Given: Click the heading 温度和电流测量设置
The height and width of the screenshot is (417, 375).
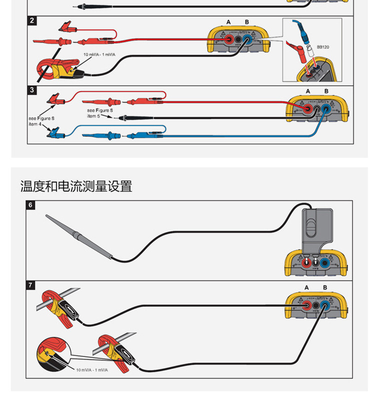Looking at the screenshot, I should point(76,186).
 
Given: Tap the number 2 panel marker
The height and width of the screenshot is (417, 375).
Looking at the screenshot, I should point(32,20).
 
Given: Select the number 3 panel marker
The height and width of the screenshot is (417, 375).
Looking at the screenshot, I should point(32,90).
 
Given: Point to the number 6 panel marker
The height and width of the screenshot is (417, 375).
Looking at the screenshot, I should point(30,205).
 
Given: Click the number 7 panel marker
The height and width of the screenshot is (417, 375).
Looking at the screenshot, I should point(30,285).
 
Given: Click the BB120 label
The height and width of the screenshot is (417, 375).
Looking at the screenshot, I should point(322,47).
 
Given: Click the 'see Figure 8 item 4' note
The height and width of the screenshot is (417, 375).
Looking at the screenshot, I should point(41,121).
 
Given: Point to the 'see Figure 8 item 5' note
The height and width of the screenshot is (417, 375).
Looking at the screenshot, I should point(97,113).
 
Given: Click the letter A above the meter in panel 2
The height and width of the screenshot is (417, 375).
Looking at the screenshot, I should point(228,22).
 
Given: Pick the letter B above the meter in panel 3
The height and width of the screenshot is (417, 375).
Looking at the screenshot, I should point(326,91).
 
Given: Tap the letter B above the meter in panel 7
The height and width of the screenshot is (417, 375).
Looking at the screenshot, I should point(325,287).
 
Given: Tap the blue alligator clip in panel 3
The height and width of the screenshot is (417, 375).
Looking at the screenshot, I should point(54,132).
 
